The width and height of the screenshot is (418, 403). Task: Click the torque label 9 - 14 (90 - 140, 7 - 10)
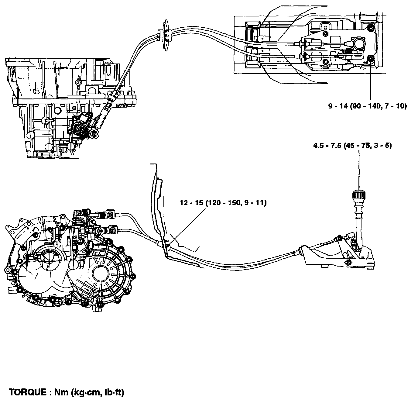367,106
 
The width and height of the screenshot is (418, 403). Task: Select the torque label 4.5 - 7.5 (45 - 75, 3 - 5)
352,146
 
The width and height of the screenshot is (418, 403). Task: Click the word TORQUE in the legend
27,392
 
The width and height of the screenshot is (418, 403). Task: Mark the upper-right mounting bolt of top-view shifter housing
370,29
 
